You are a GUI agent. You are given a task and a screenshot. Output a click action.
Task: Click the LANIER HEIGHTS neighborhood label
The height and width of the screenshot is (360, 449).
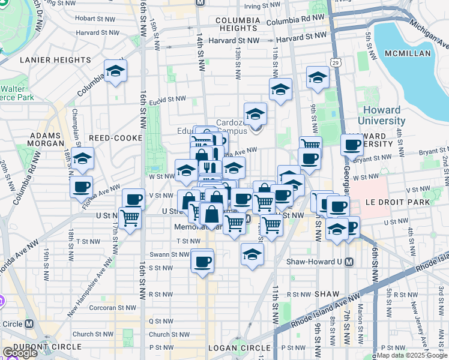tap(55, 60)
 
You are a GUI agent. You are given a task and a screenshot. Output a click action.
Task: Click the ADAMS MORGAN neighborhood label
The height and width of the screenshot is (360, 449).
tap(46, 139)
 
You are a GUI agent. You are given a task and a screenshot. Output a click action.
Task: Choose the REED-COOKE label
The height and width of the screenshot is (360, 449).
tap(115, 138)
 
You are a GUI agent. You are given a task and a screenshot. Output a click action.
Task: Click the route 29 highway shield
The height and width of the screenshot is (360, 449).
tap(337, 62)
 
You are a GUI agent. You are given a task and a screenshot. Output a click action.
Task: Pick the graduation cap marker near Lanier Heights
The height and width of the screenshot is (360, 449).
tap(115, 71)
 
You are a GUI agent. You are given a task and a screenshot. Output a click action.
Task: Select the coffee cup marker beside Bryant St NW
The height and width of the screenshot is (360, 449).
tap(352, 145)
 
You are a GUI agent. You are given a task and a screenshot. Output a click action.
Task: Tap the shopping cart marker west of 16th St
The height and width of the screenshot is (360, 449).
tap(129, 218)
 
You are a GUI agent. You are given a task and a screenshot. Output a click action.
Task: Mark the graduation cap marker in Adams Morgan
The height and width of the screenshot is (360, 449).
tap(83, 159)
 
